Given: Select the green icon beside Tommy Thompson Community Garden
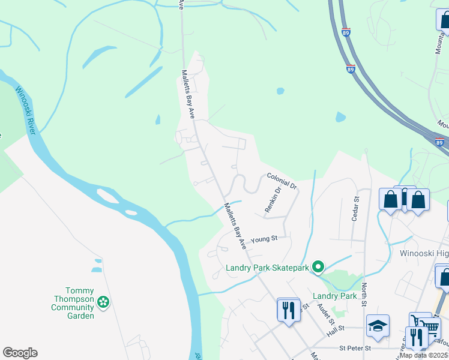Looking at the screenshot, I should point(104,302).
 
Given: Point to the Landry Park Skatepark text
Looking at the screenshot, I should point(267,268).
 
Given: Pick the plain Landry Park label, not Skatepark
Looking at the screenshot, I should point(335,296).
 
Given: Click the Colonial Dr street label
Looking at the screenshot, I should point(282,182).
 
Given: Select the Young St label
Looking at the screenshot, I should point(264,239).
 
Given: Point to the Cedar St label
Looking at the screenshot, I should point(355,209).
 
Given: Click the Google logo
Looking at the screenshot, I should point(20,353).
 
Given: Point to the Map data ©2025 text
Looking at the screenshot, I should point(424,355).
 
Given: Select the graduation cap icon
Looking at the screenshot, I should point(378,326).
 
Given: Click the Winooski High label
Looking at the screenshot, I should point(424,253).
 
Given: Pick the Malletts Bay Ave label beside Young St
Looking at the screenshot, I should point(235,226).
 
